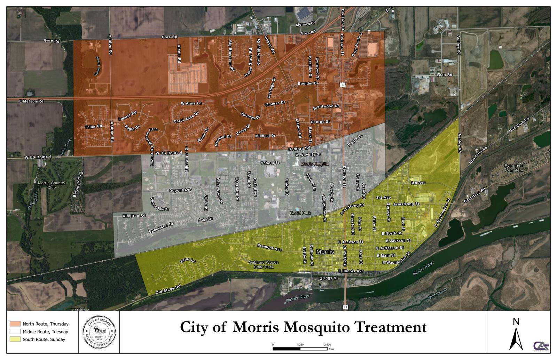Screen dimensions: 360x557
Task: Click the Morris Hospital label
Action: pyautogui.click(x=315, y=164)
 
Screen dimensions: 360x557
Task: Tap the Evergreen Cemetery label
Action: pyautogui.click(x=514, y=168)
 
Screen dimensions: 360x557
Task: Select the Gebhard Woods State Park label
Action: pyautogui.click(x=264, y=265)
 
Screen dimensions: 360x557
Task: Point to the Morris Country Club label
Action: pyautogui.click(x=52, y=185)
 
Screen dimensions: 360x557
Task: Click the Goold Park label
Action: pyautogui.click(x=300, y=213)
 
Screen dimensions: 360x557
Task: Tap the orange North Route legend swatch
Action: pyautogui.click(x=15, y=324)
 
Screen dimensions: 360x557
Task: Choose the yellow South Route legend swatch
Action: pyautogui.click(x=15, y=339)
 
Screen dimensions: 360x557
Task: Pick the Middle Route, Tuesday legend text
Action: pyautogui.click(x=45, y=332)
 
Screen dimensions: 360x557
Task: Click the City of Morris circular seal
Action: pyautogui.click(x=99, y=332)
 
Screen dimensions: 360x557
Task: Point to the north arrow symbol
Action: pyautogui.click(x=516, y=335)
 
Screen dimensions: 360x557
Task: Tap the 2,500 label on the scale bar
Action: pyautogui.click(x=327, y=345)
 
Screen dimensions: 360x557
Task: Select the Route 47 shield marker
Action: pyautogui.click(x=345, y=307)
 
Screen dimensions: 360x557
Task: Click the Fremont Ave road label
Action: pyautogui.click(x=269, y=247)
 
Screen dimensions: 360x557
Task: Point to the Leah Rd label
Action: pyautogui.click(x=444, y=75)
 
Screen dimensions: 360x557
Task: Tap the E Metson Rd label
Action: pyautogui.click(x=31, y=101)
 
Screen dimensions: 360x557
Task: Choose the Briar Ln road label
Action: pyautogui.click(x=188, y=260)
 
